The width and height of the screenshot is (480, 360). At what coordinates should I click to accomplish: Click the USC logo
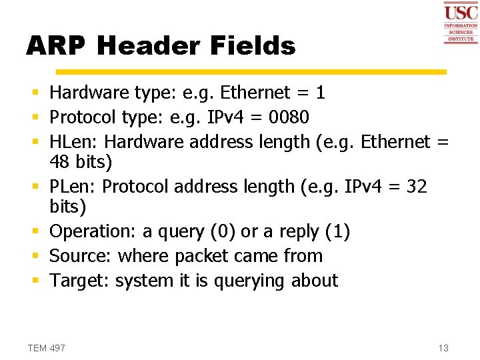pyautogui.click(x=461, y=22)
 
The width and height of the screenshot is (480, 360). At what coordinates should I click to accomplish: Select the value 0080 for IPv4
pyautogui.click(x=289, y=117)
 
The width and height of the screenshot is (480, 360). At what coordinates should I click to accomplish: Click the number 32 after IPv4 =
pyautogui.click(x=416, y=187)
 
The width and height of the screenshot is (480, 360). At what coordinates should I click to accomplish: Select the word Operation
pyautogui.click(x=92, y=231)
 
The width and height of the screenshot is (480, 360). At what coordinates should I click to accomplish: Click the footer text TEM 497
pyautogui.click(x=47, y=348)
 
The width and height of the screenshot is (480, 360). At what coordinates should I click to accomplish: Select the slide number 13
pyautogui.click(x=443, y=348)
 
